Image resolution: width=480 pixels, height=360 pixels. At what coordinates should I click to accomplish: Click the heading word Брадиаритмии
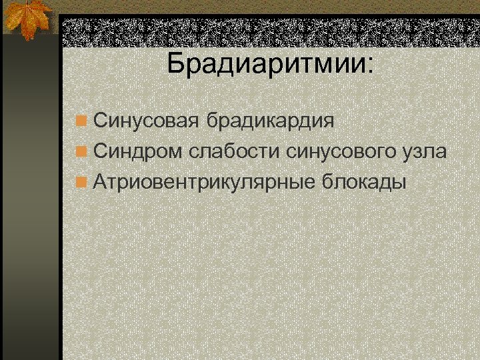(x=267, y=63)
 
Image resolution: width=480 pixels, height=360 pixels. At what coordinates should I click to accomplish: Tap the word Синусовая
(x=147, y=121)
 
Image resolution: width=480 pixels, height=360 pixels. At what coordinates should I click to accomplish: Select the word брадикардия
(x=270, y=121)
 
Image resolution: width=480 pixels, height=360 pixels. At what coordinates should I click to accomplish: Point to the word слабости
(x=233, y=151)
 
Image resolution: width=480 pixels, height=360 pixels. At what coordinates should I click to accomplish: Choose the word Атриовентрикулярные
(x=205, y=181)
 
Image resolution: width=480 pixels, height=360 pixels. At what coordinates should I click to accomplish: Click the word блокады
(x=364, y=181)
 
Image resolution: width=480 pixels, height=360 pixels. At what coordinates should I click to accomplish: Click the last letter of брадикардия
(x=329, y=123)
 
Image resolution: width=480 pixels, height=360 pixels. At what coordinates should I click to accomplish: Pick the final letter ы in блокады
(x=398, y=182)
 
